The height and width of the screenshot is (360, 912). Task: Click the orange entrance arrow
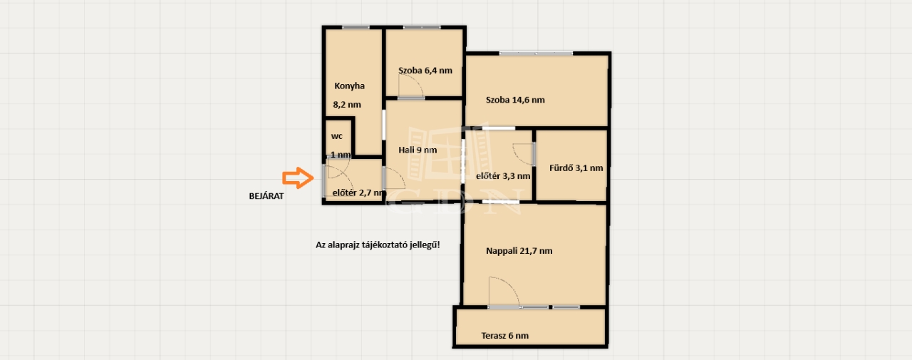298,178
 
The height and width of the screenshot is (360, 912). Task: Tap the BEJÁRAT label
266,196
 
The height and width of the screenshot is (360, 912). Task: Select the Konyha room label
349,86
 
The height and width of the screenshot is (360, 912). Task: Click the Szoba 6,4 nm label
425,71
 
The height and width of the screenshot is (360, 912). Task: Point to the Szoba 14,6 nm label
515,100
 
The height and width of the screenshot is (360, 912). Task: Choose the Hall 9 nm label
418,150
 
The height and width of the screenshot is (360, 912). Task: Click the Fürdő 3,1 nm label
576,168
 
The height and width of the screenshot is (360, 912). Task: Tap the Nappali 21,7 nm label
519,251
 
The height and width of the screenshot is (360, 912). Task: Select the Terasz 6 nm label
505,336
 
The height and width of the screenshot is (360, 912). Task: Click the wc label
337,136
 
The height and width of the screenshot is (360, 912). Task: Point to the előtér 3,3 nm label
503,176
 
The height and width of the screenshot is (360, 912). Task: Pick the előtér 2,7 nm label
358,192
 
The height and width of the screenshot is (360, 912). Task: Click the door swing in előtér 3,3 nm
522,155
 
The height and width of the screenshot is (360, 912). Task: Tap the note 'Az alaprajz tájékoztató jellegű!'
378,245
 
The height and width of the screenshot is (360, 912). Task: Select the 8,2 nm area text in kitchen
347,105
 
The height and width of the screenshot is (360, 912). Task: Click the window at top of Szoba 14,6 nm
536,53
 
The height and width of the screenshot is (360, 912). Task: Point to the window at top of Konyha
356,27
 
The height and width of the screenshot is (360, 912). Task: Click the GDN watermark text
454,202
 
